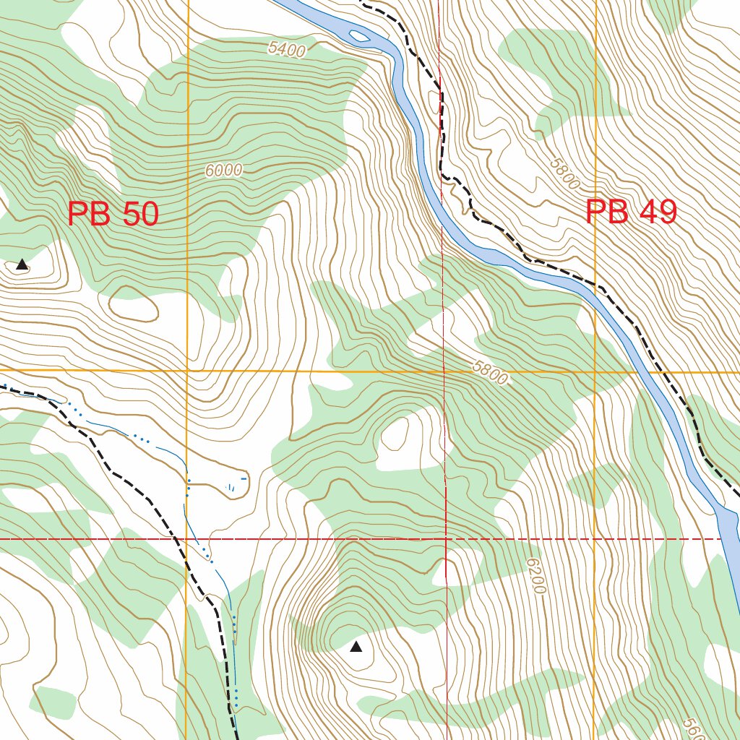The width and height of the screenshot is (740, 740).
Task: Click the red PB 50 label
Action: coord(113,215)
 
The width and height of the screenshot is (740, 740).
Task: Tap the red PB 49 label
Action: coord(631,212)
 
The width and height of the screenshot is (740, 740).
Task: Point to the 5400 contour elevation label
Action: coord(286,49)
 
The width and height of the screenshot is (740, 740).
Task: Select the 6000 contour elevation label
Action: coord(223,171)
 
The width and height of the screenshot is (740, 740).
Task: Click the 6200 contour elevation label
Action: coord(535,576)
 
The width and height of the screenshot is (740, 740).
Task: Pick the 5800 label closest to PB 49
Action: coord(564,174)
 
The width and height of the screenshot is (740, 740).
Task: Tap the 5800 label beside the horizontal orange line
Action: coord(490,372)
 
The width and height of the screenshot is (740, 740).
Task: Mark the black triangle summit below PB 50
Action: coord(22,264)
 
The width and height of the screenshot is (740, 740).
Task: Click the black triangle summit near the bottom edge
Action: coord(356,647)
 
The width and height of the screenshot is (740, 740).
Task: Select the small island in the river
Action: coord(358,35)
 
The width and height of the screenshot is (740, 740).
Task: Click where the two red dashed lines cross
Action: coord(445,539)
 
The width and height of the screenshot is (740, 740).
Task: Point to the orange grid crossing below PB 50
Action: coord(186,371)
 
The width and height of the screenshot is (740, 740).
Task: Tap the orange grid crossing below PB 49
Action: coord(595,371)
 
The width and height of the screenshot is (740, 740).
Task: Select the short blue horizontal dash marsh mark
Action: coord(244,478)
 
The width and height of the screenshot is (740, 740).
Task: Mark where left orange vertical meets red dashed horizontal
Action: coord(186,539)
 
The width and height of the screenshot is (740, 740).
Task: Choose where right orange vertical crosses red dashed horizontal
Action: coord(595,539)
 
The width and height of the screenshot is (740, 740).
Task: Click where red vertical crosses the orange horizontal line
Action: coord(443,371)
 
